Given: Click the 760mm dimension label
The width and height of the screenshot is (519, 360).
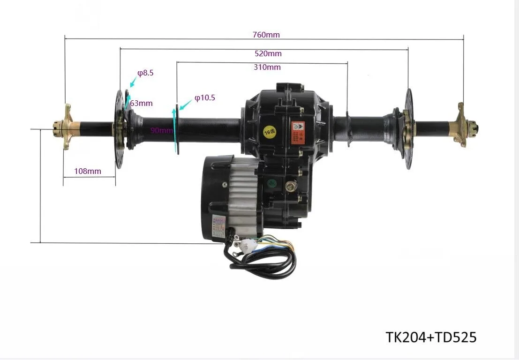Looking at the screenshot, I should tap(265, 35).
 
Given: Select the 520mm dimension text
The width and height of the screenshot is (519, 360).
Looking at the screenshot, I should tap(268, 53).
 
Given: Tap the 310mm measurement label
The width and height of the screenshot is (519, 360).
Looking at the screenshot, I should tap(267, 67).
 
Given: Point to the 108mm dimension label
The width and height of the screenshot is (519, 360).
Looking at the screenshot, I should tap(88, 171).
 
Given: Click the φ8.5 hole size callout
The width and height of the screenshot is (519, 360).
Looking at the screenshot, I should tap(145, 73).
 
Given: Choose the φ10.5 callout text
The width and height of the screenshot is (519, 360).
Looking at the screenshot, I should tap(204, 98).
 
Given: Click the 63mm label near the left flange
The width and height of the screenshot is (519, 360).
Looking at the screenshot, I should tap(142, 103).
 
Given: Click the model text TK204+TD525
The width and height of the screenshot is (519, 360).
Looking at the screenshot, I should tap(431, 337).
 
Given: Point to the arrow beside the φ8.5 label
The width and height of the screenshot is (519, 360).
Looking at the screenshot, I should tap(133, 82).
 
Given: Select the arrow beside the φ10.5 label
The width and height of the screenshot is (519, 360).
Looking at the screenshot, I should tap(183, 105).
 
